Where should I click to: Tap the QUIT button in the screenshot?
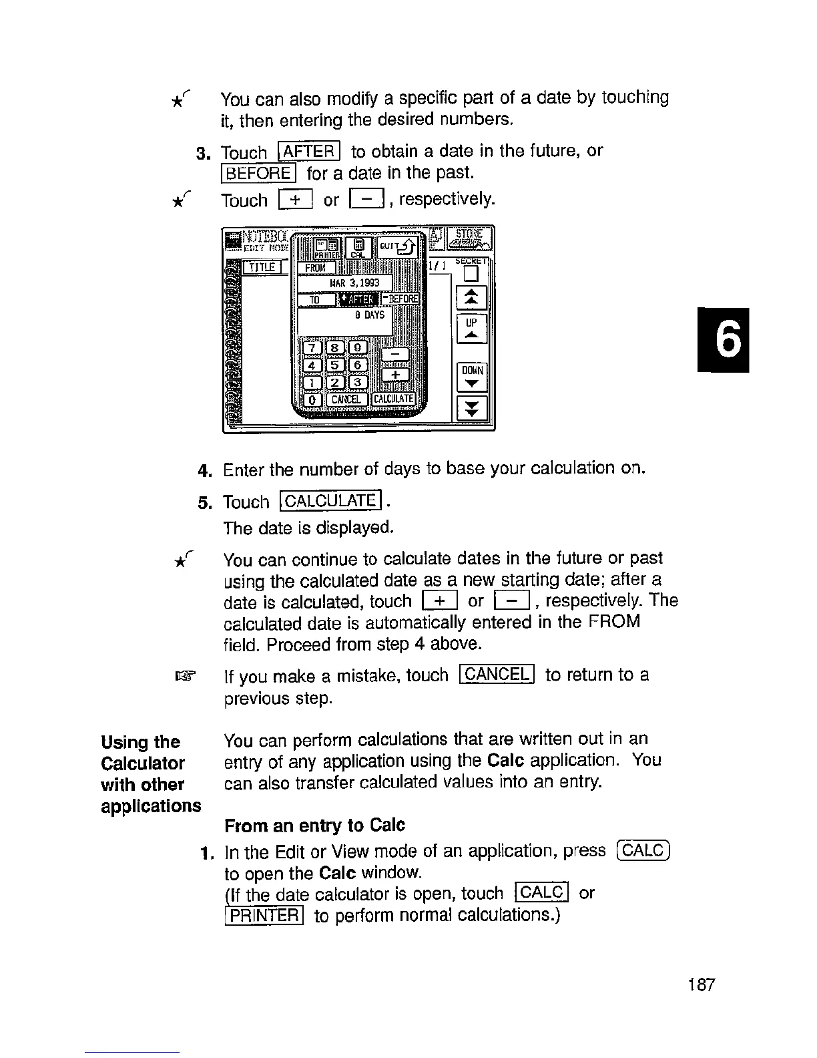pos(398,247)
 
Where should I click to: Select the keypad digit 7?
pos(312,348)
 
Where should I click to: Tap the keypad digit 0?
pos(312,399)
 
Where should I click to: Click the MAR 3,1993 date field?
pos(344,283)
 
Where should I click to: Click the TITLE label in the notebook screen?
pos(264,267)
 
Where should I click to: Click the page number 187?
pos(700,985)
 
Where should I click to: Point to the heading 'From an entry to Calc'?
pos(314,826)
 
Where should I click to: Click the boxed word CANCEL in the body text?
pos(497,675)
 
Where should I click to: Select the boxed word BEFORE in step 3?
pos(257,174)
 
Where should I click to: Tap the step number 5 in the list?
pos(204,502)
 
